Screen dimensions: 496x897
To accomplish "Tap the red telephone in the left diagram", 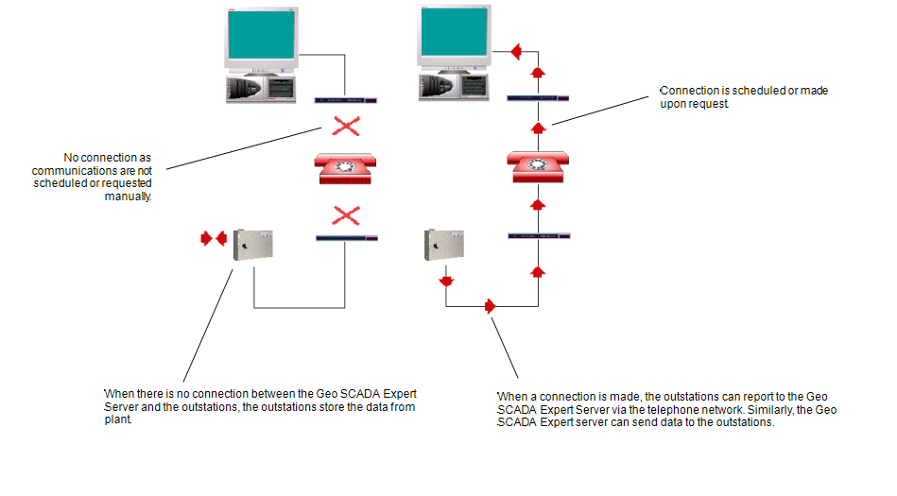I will click(x=347, y=168).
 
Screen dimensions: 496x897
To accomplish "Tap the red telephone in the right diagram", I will click(x=538, y=166).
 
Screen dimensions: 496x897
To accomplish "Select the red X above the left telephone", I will click(x=347, y=127).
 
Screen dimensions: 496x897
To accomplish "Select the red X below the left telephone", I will click(x=347, y=215).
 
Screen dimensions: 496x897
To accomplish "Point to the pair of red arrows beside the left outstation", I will click(x=214, y=239).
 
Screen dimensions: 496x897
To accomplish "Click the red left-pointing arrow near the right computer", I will click(x=516, y=51).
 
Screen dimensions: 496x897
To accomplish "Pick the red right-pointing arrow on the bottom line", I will click(x=491, y=306).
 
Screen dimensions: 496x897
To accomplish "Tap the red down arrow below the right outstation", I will click(x=445, y=281).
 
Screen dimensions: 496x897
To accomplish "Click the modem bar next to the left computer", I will click(x=345, y=99).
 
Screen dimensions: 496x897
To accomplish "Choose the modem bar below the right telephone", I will click(x=539, y=235).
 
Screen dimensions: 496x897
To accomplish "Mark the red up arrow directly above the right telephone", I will click(x=538, y=128).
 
